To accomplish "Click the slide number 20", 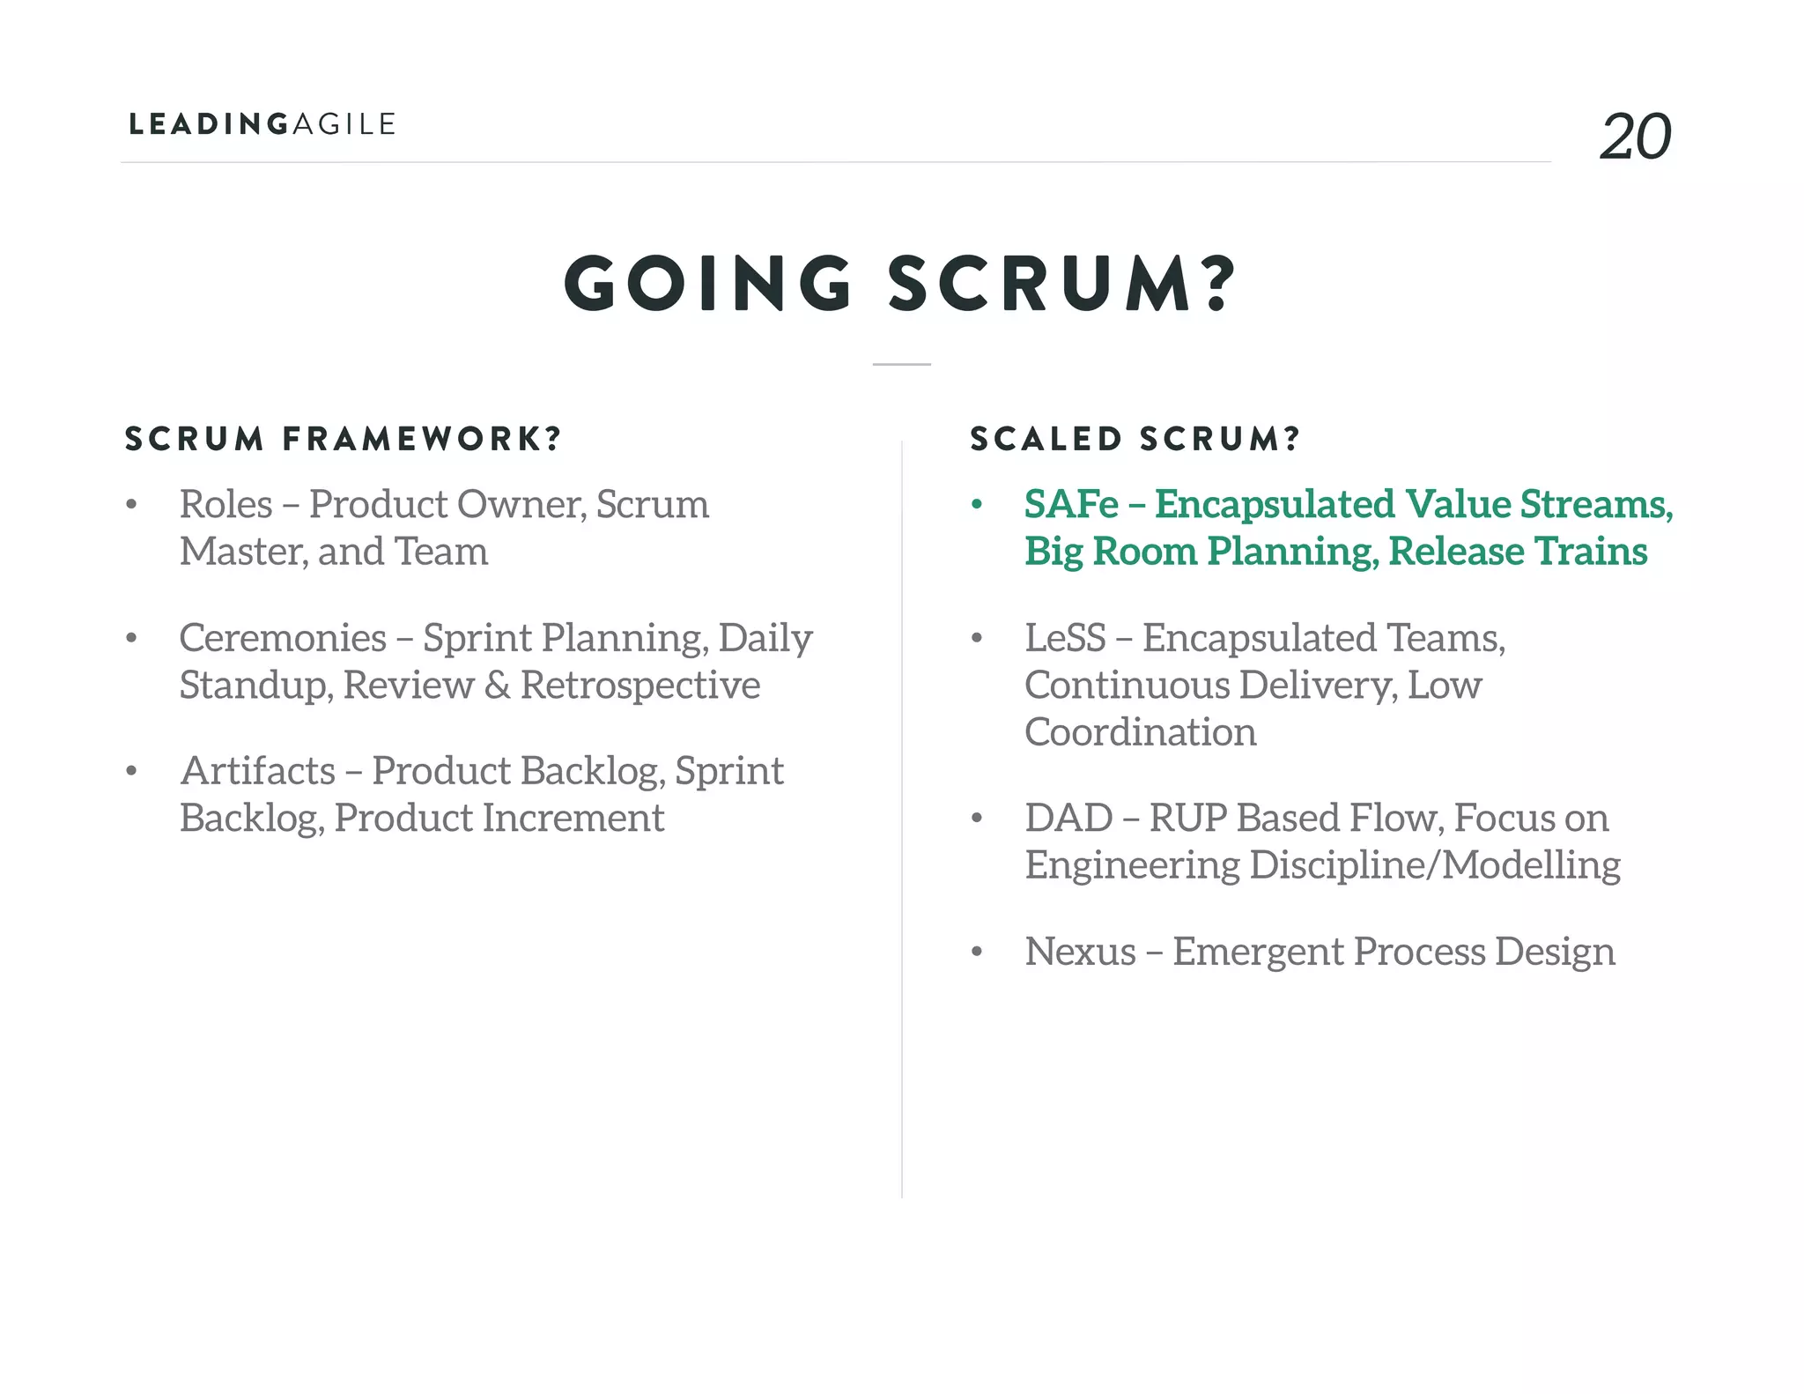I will click(x=1635, y=137).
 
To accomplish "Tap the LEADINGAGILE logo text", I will click(x=262, y=124).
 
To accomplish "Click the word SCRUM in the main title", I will click(x=1039, y=284).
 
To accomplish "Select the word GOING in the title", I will click(x=708, y=284).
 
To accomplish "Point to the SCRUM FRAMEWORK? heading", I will click(x=343, y=439).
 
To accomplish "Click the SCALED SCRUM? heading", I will click(x=1135, y=439).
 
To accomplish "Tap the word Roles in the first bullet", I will click(x=225, y=505).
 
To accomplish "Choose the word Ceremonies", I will click(x=283, y=638).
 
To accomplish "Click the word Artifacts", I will click(x=258, y=771).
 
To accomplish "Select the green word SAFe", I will click(x=1071, y=505).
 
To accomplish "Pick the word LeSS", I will click(x=1065, y=638).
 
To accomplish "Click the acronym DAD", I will click(x=1068, y=819).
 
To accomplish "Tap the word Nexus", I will click(x=1080, y=952).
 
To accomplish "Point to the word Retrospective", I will click(x=640, y=686).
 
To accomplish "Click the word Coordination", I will click(x=1141, y=732).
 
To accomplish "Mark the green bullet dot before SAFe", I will click(x=976, y=505).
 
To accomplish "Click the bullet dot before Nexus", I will click(x=976, y=952).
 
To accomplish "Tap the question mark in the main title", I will click(x=1220, y=284).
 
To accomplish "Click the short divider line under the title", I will click(x=901, y=364).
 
